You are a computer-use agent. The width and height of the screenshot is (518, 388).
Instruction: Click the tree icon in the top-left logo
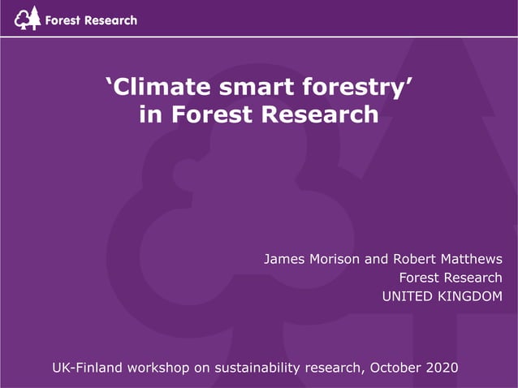28,17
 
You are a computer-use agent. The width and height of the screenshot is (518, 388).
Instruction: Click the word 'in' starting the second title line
150,114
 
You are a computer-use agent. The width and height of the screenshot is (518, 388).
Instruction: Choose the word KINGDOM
471,297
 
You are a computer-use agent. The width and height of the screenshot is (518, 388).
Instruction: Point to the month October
395,368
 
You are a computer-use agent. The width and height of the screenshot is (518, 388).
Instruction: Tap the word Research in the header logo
110,19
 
